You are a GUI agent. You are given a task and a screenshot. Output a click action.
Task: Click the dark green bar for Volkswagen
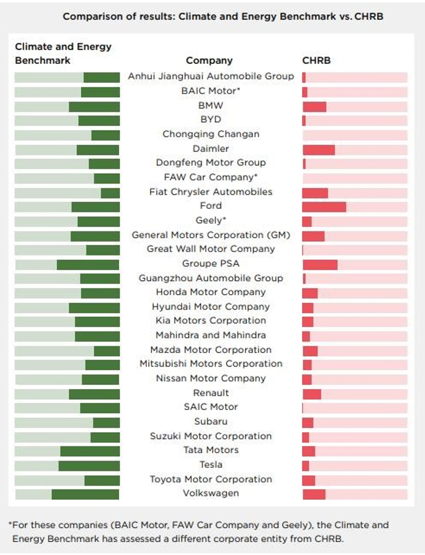pyautogui.click(x=85, y=494)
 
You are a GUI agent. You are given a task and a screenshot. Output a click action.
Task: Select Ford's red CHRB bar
pyautogui.click(x=324, y=206)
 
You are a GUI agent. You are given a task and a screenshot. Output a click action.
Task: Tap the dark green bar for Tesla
pyautogui.click(x=89, y=465)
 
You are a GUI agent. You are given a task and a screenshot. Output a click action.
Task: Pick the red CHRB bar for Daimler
pyautogui.click(x=319, y=149)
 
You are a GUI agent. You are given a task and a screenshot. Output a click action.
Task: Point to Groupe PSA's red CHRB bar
pyautogui.click(x=320, y=264)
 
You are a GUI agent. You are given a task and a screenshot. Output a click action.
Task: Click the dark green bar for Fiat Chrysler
pyautogui.click(x=111, y=193)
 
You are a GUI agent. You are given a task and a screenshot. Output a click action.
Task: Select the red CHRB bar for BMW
pyautogui.click(x=314, y=106)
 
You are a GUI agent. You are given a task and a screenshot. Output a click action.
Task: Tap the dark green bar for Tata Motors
pyautogui.click(x=90, y=451)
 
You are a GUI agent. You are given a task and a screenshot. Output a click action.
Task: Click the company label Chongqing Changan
pyautogui.click(x=211, y=134)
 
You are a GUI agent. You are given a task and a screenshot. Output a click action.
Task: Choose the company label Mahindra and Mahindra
pyautogui.click(x=211, y=335)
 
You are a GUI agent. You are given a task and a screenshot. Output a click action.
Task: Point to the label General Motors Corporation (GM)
pyautogui.click(x=211, y=235)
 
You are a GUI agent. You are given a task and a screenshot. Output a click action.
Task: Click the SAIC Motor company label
pyautogui.click(x=211, y=407)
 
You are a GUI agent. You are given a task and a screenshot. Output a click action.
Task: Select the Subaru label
pyautogui.click(x=211, y=422)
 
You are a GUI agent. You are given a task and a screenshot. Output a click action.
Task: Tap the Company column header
pyautogui.click(x=209, y=61)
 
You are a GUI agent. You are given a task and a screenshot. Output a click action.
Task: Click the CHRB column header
pyautogui.click(x=316, y=61)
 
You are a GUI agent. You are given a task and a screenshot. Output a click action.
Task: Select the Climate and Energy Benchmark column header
pyautogui.click(x=63, y=53)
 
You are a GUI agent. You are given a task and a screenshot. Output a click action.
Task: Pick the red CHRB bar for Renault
pyautogui.click(x=312, y=394)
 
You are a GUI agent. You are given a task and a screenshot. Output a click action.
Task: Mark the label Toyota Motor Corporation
pyautogui.click(x=211, y=479)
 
